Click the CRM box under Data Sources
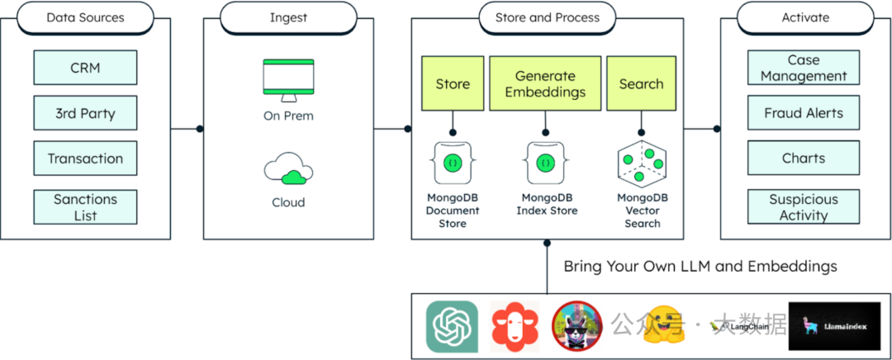(x=85, y=68)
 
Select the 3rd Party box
(x=85, y=113)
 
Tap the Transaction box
(x=85, y=159)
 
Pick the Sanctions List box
(x=85, y=207)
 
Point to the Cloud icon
(x=288, y=170)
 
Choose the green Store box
(x=453, y=83)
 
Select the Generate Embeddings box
(x=545, y=83)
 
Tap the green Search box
(x=641, y=83)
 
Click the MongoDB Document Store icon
(x=453, y=163)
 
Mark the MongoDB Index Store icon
(x=545, y=163)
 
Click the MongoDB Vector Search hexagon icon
(x=641, y=163)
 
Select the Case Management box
(x=803, y=68)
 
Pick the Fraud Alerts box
(x=803, y=113)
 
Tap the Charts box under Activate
(x=803, y=159)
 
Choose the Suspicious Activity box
(x=803, y=207)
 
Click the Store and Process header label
(x=548, y=17)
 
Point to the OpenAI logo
(x=453, y=326)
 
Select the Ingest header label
(x=288, y=17)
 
